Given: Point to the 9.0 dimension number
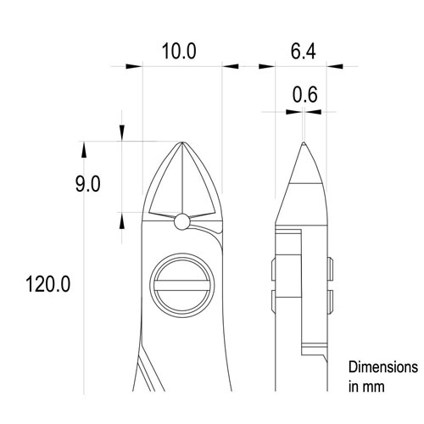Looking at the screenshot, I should [x=88, y=184].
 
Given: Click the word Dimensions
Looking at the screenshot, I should [x=383, y=368].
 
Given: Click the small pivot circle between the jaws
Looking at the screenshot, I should [x=181, y=222].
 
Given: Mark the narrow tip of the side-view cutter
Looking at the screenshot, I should [x=303, y=145].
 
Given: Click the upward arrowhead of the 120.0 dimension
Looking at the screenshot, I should [x=83, y=149].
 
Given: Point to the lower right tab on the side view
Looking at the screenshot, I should [x=332, y=301].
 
